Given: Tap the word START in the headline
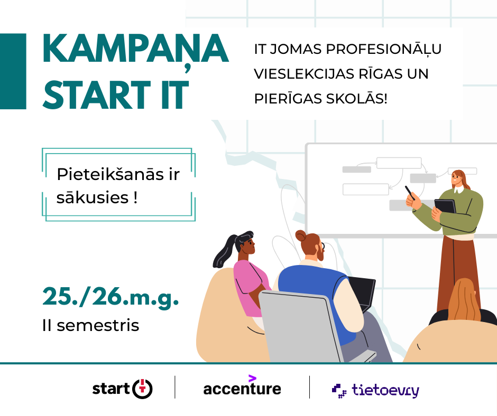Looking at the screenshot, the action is (96, 95).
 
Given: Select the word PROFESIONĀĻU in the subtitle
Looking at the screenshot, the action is (383, 50).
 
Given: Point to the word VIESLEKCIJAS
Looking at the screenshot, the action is (304, 74).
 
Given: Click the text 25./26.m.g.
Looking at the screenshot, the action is (111, 297).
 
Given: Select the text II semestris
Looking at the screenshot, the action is (90, 325).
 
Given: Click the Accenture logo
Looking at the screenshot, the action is (242, 386).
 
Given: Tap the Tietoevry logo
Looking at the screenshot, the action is (375, 390).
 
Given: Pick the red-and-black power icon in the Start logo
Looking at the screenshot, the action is (142, 389).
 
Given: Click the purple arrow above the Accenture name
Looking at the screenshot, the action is (252, 378).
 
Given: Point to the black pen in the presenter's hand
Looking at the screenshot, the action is (410, 193).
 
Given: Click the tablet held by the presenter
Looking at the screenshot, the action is (445, 206).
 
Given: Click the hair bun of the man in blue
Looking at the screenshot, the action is (301, 235).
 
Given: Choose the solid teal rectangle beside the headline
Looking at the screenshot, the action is (13, 71).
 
